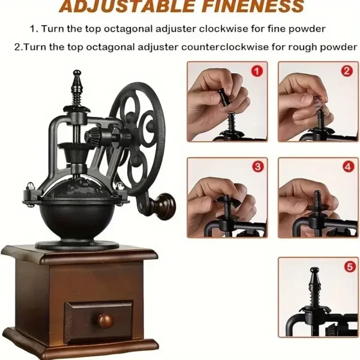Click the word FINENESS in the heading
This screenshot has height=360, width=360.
click(x=253, y=6)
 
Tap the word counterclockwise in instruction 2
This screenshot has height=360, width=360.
click(x=225, y=47)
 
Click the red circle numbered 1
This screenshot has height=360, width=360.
click(x=257, y=71)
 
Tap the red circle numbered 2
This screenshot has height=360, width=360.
click(x=347, y=71)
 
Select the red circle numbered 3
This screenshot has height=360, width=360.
click(x=257, y=167)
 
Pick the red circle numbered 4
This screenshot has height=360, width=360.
click(x=348, y=167)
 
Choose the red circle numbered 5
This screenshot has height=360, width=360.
click(x=350, y=267)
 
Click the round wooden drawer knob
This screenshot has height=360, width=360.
click(x=106, y=320)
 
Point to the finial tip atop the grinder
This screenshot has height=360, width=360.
click(x=77, y=73)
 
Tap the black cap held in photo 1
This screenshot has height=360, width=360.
click(x=223, y=97)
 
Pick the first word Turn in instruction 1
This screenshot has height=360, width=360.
click(x=53, y=29)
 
